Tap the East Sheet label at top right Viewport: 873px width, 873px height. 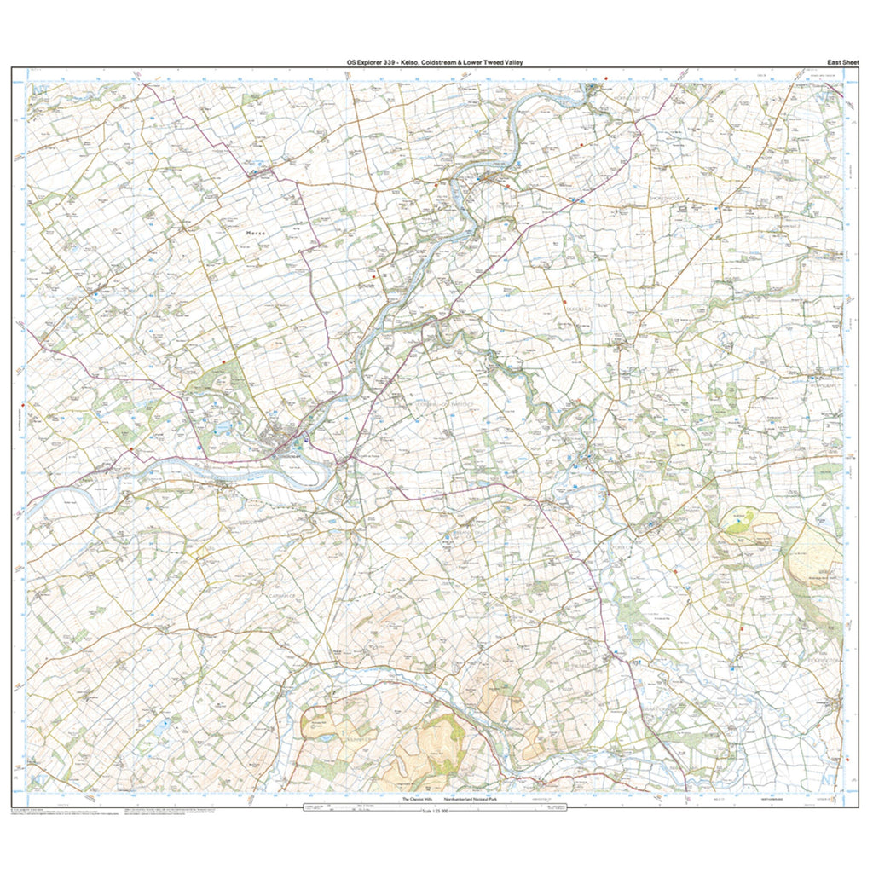point(843,62)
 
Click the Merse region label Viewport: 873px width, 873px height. point(255,232)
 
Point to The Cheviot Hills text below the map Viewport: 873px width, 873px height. point(419,800)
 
